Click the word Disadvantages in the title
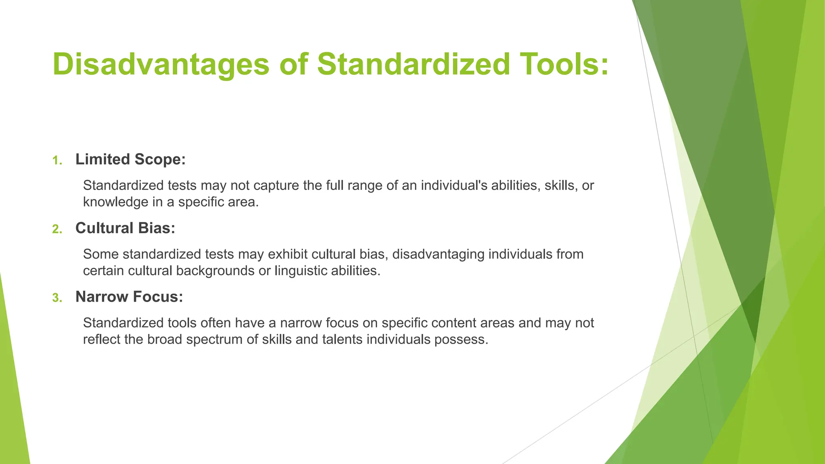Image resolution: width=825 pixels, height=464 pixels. (x=160, y=64)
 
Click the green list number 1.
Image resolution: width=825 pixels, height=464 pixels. (x=57, y=161)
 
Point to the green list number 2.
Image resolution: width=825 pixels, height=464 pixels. (x=57, y=230)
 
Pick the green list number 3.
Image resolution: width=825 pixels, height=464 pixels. (x=57, y=298)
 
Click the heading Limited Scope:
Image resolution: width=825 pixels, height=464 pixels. (x=130, y=159)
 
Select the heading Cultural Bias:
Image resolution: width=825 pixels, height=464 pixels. (x=125, y=228)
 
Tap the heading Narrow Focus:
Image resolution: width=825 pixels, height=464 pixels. (x=129, y=297)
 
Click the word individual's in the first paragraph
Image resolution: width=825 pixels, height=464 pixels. (x=454, y=185)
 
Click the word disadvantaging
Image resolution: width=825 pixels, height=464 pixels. (x=438, y=254)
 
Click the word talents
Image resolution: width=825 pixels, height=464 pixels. (x=342, y=340)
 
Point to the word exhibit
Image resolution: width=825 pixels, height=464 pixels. (x=288, y=254)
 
